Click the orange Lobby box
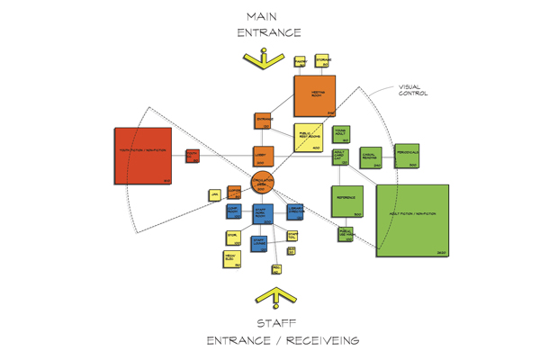(262, 155)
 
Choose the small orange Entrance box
(264, 121)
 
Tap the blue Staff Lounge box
(259, 243)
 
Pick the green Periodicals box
(407, 157)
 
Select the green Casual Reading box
(373, 158)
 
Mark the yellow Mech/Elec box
(231, 260)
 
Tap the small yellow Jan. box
(214, 194)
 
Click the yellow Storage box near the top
(322, 61)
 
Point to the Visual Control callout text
(413, 90)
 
